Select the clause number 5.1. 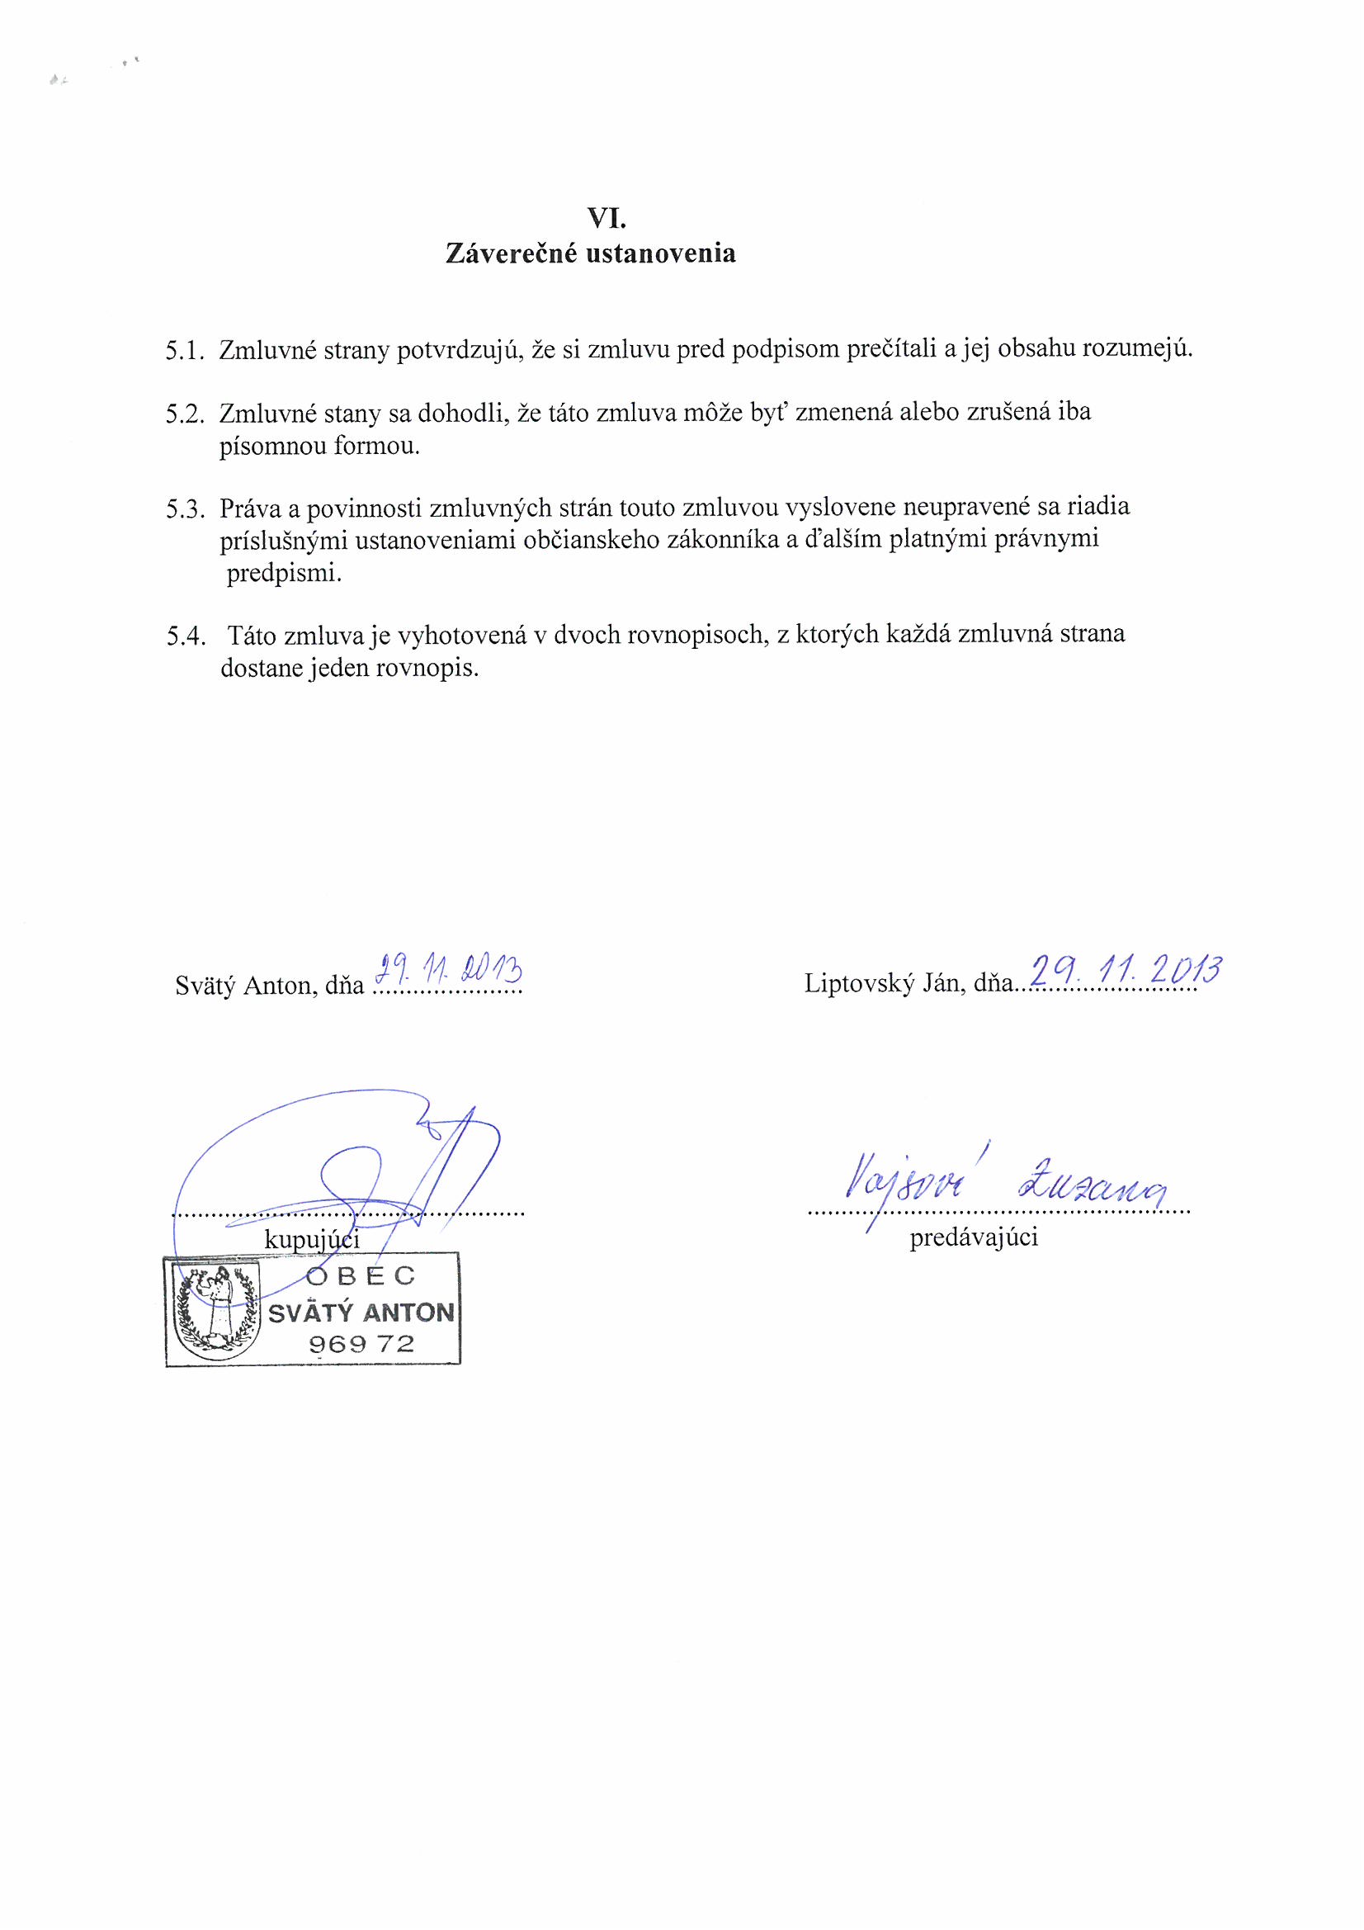point(186,351)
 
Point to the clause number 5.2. point(186,414)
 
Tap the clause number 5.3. point(186,509)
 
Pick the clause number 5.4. point(186,636)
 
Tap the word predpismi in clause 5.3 point(285,574)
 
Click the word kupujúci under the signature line point(312,1239)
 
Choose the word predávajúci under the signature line point(973,1237)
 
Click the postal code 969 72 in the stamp point(361,1343)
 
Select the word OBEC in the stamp point(361,1276)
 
